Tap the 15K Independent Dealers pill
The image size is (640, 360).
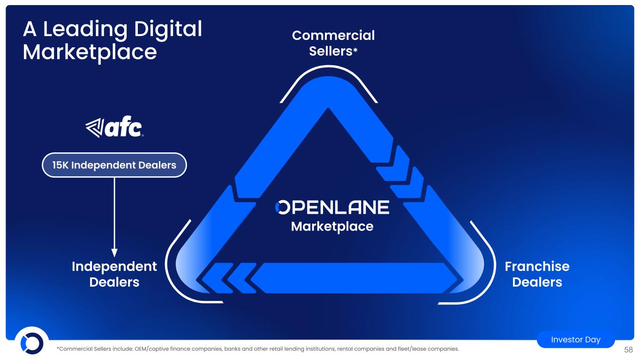[x=114, y=165]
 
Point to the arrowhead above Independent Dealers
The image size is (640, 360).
[x=114, y=253]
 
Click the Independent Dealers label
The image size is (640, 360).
[x=114, y=274]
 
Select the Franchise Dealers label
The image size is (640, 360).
[x=537, y=274]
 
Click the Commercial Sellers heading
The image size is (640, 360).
[x=333, y=43]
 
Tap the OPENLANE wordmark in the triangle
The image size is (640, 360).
[x=332, y=207]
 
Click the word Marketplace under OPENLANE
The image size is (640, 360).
[x=332, y=227]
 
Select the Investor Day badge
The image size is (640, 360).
[x=576, y=339]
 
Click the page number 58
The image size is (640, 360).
[x=628, y=350]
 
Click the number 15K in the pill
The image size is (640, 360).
[x=60, y=165]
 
